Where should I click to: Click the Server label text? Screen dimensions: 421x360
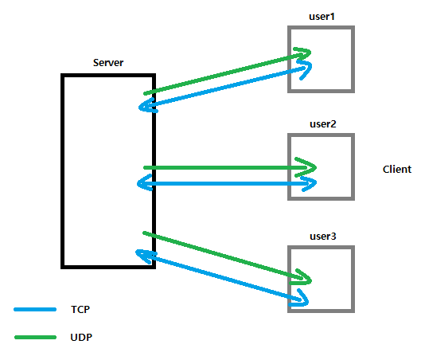pyautogui.click(x=108, y=63)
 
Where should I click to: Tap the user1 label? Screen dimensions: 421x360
pyautogui.click(x=322, y=17)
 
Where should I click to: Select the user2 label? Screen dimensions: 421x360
pyautogui.click(x=323, y=124)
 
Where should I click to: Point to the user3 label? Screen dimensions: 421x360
pyautogui.click(x=323, y=237)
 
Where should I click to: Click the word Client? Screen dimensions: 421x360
pyautogui.click(x=397, y=170)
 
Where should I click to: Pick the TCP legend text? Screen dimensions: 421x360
pyautogui.click(x=80, y=310)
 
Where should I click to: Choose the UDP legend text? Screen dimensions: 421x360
pyautogui.click(x=81, y=337)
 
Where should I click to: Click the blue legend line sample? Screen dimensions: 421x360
pyautogui.click(x=35, y=310)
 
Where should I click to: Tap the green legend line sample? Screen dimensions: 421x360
pyautogui.click(x=36, y=337)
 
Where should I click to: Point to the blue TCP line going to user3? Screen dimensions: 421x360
pyautogui.click(x=222, y=277)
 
